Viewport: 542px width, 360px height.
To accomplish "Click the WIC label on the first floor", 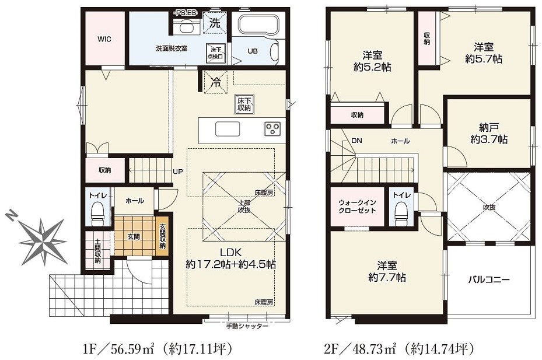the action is click(104, 39).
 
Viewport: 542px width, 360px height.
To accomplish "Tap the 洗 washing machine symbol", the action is click(215, 23).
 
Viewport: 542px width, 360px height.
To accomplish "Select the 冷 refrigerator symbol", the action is click(216, 82).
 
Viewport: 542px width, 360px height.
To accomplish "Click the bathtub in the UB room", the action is click(258, 25).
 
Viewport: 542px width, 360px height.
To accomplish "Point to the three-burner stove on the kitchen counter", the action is click(272, 128).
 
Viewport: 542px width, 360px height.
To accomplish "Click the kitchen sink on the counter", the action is click(228, 129).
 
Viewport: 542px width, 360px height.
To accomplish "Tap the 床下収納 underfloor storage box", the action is click(244, 104).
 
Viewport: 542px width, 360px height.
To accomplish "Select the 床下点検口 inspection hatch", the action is click(216, 53).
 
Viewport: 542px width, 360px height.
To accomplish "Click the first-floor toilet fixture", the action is click(97, 212).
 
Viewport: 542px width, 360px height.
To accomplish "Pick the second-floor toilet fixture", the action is click(401, 212).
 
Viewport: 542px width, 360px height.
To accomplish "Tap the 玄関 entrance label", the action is click(134, 237).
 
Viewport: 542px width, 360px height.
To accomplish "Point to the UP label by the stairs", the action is click(178, 172).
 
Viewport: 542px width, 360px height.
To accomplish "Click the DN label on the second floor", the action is click(356, 141).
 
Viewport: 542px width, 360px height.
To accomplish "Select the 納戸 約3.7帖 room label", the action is click(488, 134).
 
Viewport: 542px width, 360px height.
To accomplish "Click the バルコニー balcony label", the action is click(488, 279).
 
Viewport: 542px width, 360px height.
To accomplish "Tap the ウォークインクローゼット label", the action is click(357, 207).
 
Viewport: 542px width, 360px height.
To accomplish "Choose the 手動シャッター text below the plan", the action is click(247, 326).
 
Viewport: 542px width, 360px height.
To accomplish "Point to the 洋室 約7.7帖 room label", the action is click(387, 271).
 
